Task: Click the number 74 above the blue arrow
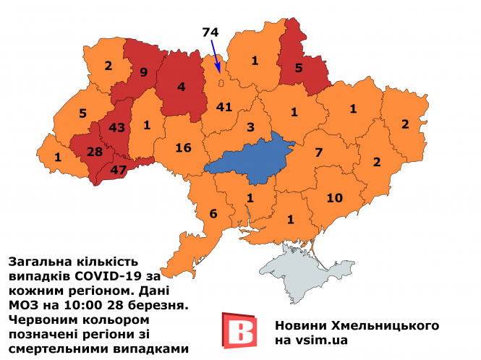[x=210, y=32]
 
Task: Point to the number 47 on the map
[x=117, y=171]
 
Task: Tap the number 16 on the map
[x=183, y=148]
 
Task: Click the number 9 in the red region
[x=143, y=72]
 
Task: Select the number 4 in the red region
[x=181, y=88]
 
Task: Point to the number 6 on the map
[x=213, y=213]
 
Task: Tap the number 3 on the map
[x=250, y=128]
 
